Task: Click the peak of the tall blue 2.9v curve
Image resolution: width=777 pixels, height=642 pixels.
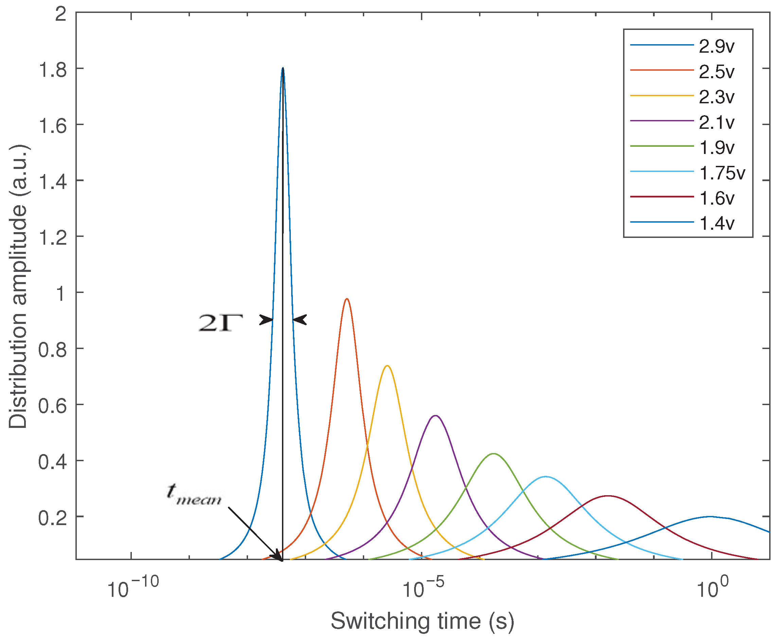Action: pyautogui.click(x=283, y=68)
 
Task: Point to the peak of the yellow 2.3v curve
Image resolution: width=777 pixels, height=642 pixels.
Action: pyautogui.click(x=387, y=366)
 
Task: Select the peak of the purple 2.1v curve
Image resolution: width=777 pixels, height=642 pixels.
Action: pyautogui.click(x=436, y=416)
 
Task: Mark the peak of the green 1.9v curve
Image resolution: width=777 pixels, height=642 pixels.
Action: pyautogui.click(x=493, y=454)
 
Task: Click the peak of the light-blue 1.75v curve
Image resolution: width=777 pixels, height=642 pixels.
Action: pyautogui.click(x=546, y=477)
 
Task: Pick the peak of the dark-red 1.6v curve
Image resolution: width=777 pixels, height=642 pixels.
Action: pyautogui.click(x=608, y=496)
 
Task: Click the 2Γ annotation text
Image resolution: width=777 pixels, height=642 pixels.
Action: pyautogui.click(x=221, y=323)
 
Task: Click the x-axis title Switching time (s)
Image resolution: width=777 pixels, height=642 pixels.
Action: pyautogui.click(x=423, y=621)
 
